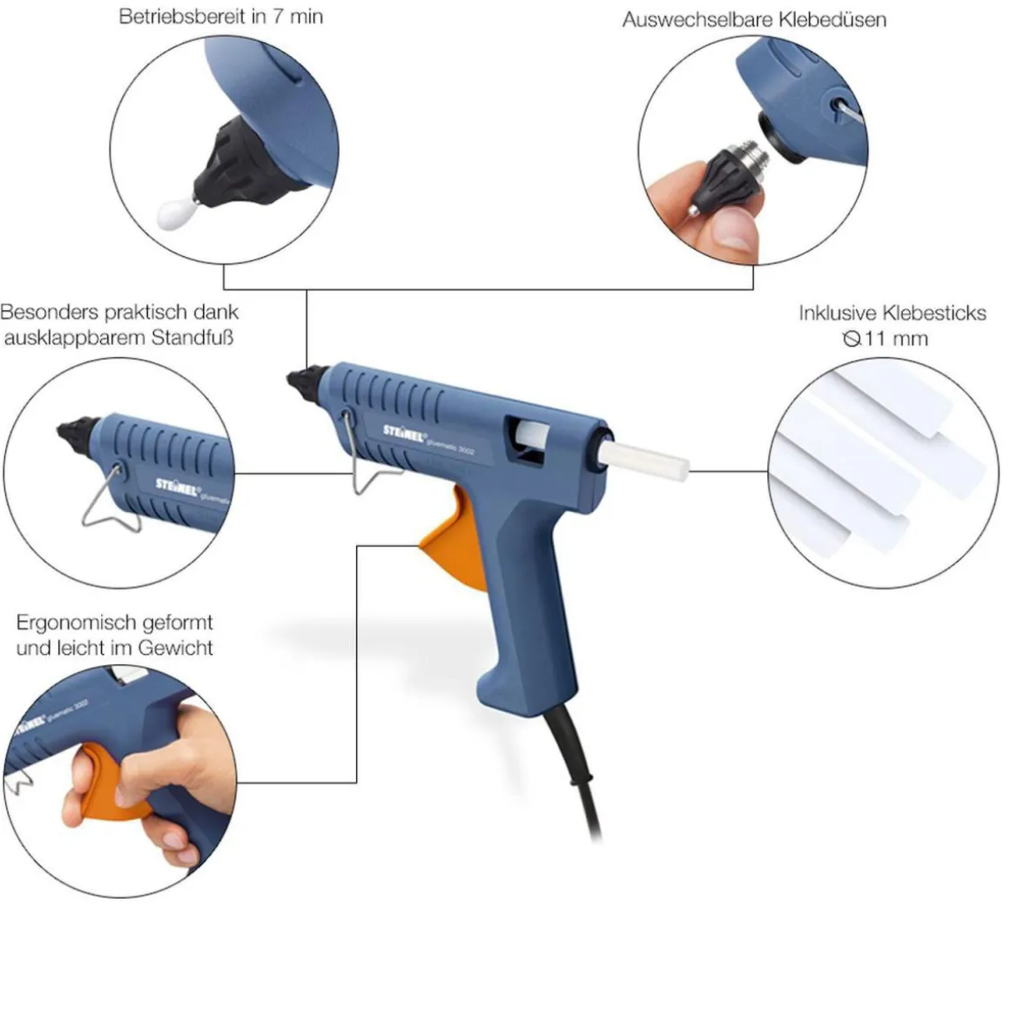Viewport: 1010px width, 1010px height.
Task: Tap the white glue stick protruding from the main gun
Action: pyautogui.click(x=644, y=459)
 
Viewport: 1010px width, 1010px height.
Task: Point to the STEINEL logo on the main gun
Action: pyautogui.click(x=405, y=434)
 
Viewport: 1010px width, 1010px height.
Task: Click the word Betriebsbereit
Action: pyautogui.click(x=183, y=17)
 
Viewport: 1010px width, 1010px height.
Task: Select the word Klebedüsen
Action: pyautogui.click(x=832, y=19)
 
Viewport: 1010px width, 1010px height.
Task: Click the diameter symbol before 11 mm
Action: pyautogui.click(x=852, y=338)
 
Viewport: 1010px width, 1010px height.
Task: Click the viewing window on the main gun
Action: pyautogui.click(x=527, y=440)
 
